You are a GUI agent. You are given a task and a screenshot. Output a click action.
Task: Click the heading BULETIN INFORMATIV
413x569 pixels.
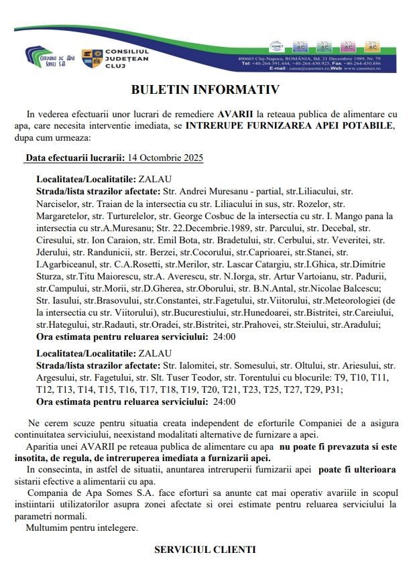205,88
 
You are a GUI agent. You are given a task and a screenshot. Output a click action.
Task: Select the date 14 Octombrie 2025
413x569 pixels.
164,158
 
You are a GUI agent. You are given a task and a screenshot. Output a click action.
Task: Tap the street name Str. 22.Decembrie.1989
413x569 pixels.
209,228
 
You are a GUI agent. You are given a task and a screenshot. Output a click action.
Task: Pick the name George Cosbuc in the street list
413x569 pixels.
203,216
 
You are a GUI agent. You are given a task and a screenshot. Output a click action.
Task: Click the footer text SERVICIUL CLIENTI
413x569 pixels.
205,550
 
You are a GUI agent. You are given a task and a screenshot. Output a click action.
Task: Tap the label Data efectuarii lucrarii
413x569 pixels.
75,158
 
